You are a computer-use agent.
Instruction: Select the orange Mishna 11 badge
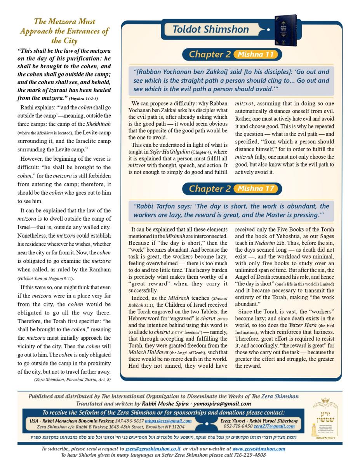click(x=256, y=54)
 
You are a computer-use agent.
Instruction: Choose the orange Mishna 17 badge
click(x=256, y=189)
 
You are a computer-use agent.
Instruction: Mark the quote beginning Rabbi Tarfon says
click(x=231, y=210)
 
